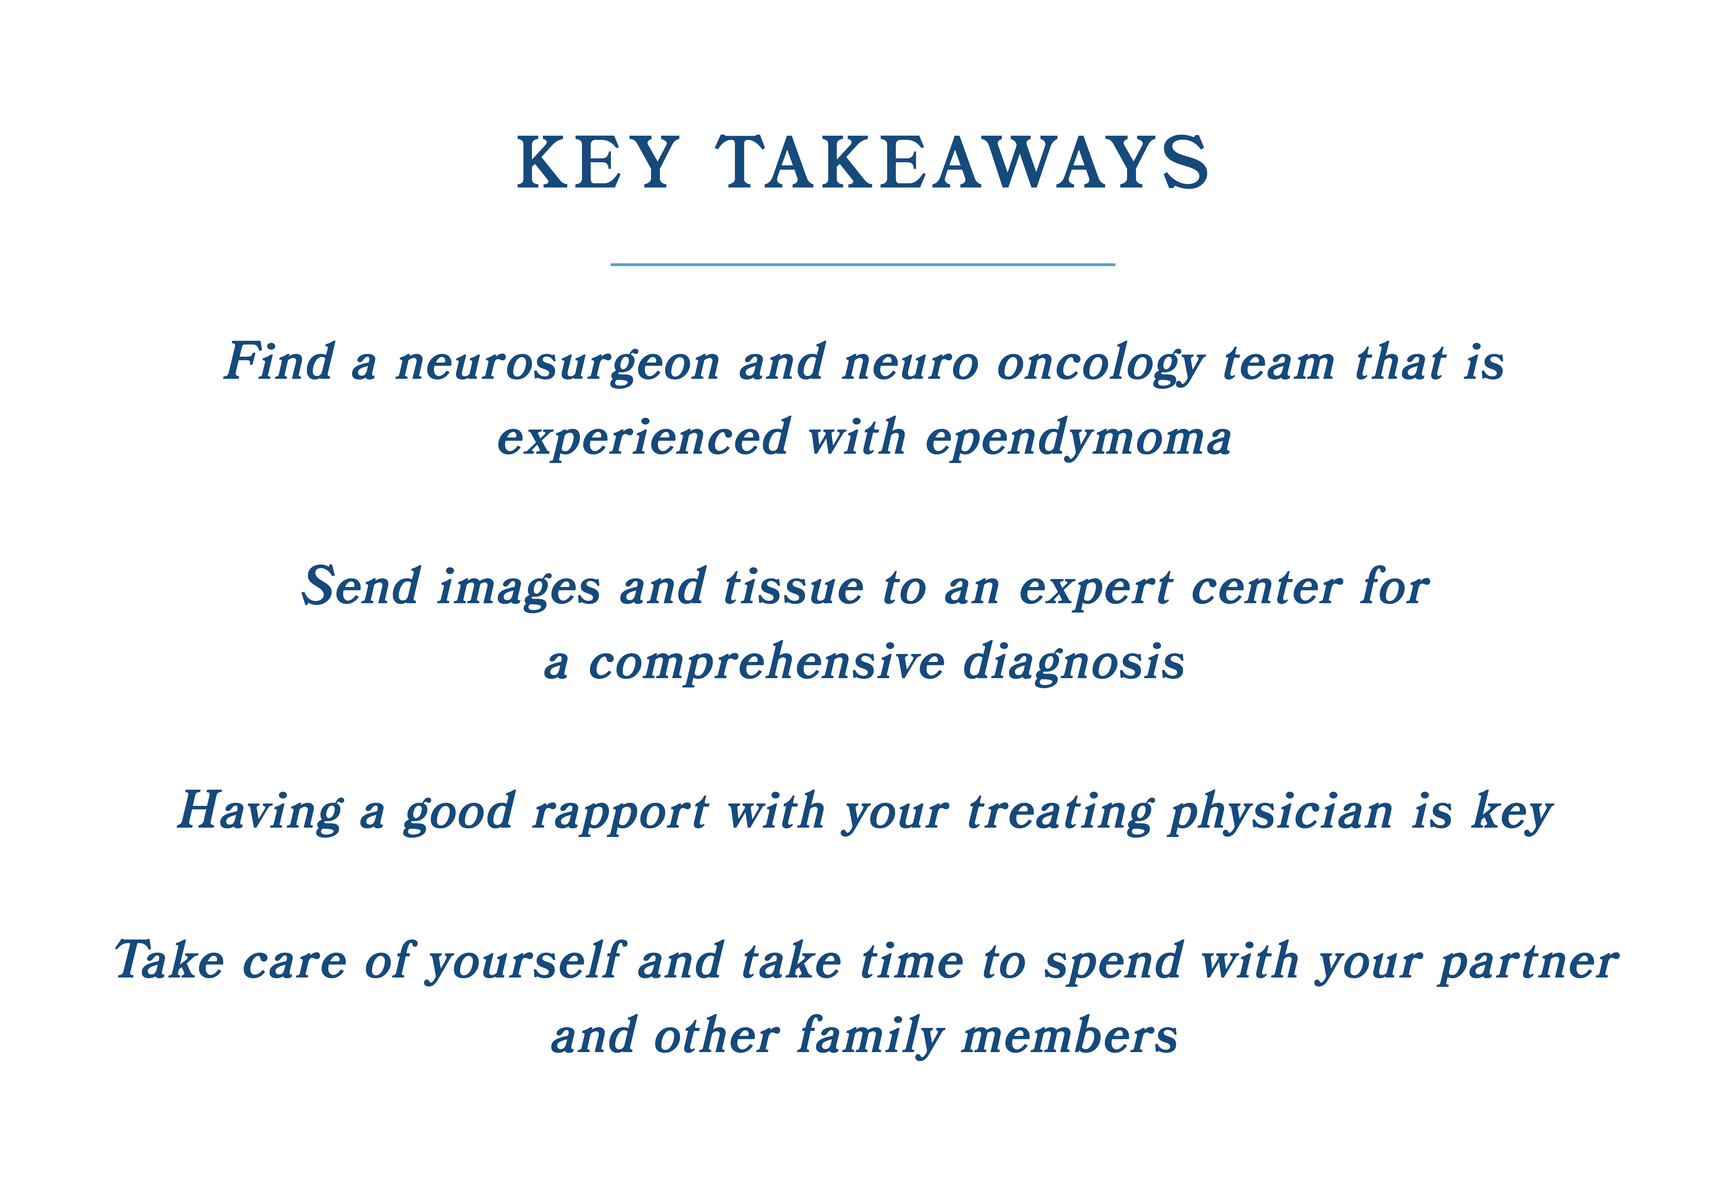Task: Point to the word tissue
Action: (x=794, y=587)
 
